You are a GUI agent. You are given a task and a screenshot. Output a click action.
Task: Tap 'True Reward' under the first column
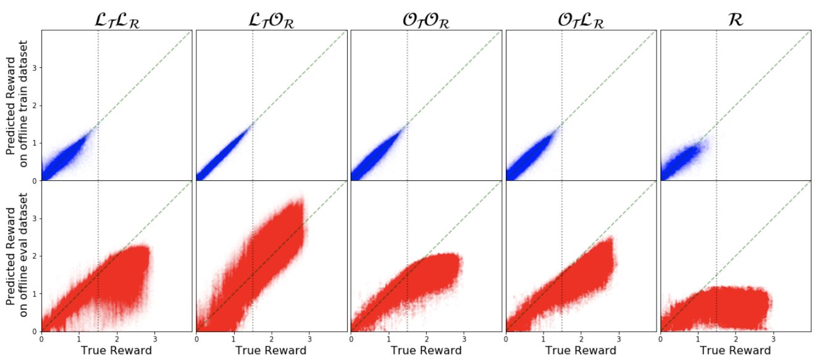(117, 351)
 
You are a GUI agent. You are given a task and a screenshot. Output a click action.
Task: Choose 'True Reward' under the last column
(736, 351)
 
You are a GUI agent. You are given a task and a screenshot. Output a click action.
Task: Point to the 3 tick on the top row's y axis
(36, 67)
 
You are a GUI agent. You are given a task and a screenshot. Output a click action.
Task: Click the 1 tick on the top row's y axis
(36, 143)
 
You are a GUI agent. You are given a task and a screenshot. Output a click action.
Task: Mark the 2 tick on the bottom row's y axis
(36, 256)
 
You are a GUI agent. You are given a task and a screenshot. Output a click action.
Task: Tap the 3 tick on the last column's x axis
(773, 338)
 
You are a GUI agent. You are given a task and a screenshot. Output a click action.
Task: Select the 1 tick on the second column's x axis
(234, 338)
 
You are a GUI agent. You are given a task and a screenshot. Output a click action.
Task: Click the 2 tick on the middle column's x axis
(426, 338)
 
